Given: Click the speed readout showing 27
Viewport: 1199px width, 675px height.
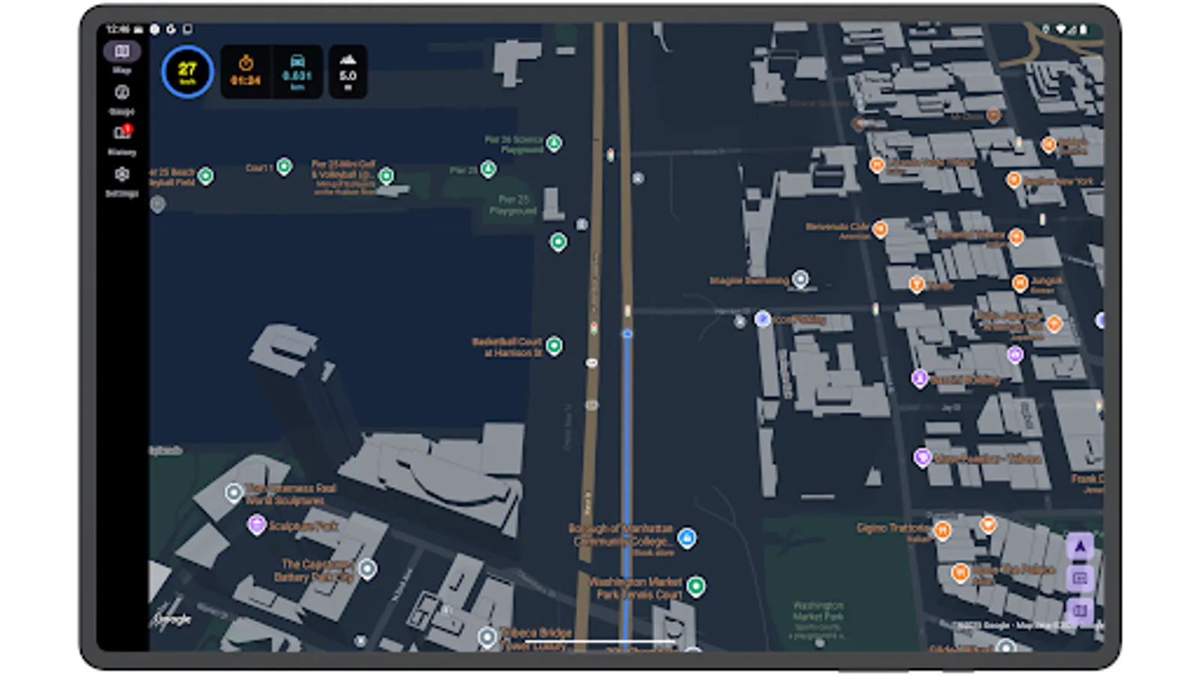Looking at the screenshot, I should tap(187, 72).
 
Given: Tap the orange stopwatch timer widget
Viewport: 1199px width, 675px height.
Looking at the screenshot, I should tap(246, 71).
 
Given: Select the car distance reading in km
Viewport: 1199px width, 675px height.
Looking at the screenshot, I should tap(297, 71).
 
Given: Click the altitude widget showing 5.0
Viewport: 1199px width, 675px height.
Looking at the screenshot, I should tap(348, 71).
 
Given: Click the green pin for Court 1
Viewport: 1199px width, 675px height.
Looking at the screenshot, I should tap(284, 166).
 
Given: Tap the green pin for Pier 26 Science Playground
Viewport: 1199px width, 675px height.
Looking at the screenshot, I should tap(554, 142).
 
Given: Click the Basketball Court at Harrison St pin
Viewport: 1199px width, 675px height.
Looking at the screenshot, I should tap(554, 345).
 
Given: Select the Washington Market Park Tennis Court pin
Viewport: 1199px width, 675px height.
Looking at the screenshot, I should tap(695, 585).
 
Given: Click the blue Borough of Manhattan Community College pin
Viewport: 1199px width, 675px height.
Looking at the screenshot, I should tap(686, 537).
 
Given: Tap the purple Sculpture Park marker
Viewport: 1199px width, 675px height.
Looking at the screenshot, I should tap(256, 524).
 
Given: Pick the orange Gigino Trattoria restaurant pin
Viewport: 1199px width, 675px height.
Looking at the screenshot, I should tap(942, 530).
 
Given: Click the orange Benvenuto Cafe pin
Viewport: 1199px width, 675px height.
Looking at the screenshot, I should tap(880, 228).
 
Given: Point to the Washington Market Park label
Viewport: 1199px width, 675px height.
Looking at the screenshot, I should tap(818, 610).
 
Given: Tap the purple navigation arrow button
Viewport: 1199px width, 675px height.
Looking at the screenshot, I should tap(1080, 547).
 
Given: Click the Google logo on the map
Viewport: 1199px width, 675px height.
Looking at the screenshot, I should tap(172, 619).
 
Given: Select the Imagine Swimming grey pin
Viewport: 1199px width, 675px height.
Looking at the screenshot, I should tap(800, 279).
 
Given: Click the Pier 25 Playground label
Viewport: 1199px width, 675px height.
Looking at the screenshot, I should tap(513, 205).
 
